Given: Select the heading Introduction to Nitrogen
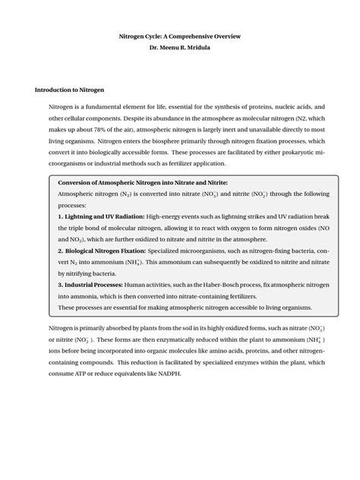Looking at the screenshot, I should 70,89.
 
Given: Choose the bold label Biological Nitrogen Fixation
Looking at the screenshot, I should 104,250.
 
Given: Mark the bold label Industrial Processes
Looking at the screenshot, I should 96,283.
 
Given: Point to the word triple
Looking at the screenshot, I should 80,228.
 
